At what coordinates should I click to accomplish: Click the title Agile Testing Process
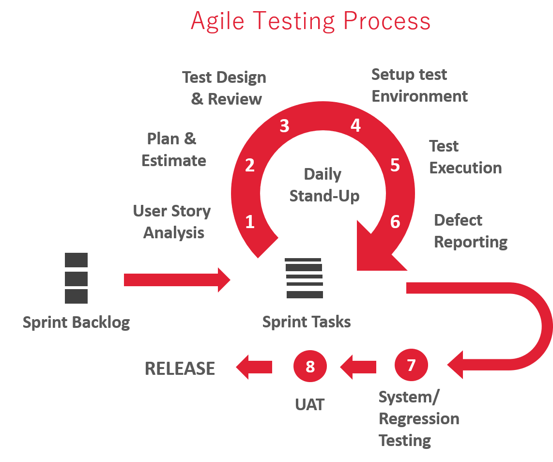point(310,21)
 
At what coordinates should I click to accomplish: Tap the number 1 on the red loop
point(250,222)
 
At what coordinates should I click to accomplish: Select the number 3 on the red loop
point(284,126)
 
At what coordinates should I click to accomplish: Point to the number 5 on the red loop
point(395,165)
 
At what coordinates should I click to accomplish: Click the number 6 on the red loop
point(395,222)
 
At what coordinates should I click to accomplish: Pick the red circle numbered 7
point(411,365)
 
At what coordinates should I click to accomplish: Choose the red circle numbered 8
point(310,367)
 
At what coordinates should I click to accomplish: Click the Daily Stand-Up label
point(323,185)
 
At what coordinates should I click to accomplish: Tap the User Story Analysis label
point(172,222)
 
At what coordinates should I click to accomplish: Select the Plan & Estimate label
point(173,149)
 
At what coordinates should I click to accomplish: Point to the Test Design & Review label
point(225,88)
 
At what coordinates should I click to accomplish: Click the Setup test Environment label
point(419,85)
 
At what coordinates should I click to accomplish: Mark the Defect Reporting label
point(470,231)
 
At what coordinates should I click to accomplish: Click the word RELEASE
point(180,369)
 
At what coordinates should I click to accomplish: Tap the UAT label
point(309,404)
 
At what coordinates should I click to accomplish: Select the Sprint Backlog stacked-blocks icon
point(76,278)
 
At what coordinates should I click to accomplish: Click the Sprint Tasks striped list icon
point(304,278)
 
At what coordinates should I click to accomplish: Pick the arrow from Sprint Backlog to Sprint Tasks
point(177,279)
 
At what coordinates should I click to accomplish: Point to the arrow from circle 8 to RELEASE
point(254,367)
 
